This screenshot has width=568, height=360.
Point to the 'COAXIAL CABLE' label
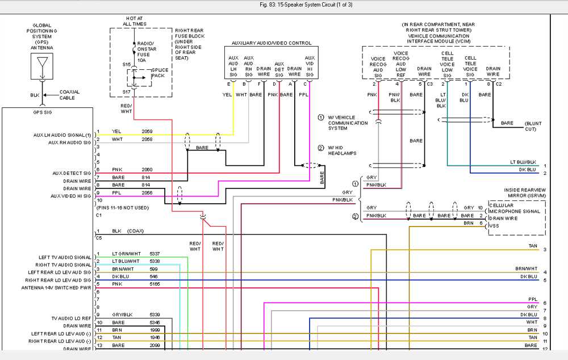click(69, 95)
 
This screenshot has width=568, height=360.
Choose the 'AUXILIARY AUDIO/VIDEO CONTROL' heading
click(272, 43)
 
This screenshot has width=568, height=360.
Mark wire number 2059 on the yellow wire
click(147, 131)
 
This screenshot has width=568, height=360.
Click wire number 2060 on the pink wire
click(147, 169)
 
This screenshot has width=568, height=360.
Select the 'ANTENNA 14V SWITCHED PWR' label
click(57, 288)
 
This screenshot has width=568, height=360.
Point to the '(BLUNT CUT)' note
click(533, 126)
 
